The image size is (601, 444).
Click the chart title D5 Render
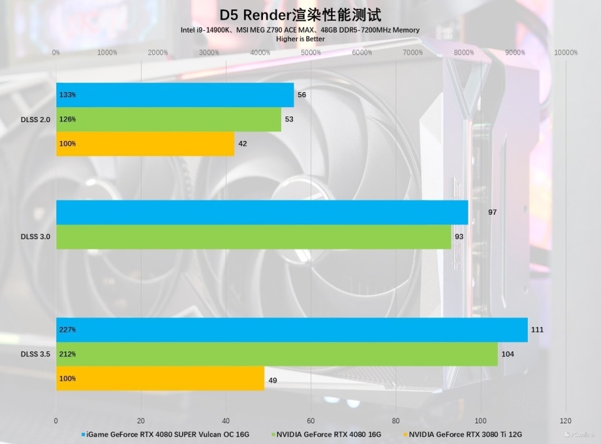pyautogui.click(x=300, y=14)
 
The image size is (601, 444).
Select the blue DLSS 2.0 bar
pyautogui.click(x=175, y=95)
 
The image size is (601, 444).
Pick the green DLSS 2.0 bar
pyautogui.click(x=168, y=119)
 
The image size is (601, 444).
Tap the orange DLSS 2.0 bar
pyautogui.click(x=145, y=143)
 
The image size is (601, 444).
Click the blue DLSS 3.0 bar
pyautogui.click(x=262, y=212)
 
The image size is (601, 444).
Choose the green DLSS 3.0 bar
pyautogui.click(x=254, y=237)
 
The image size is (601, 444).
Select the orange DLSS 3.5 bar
pyautogui.click(x=160, y=378)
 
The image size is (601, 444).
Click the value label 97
pyautogui.click(x=492, y=212)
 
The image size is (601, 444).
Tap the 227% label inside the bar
pyautogui.click(x=68, y=330)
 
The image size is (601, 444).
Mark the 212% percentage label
pyautogui.click(x=68, y=354)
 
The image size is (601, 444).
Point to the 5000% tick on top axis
pyautogui.click(x=311, y=53)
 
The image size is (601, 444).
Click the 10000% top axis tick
pyautogui.click(x=566, y=53)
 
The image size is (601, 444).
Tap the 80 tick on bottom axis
pyautogui.click(x=396, y=421)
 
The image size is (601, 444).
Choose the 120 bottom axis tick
pyautogui.click(x=566, y=421)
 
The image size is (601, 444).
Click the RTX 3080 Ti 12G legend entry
pyautogui.click(x=466, y=434)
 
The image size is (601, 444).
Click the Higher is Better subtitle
pyautogui.click(x=300, y=39)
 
